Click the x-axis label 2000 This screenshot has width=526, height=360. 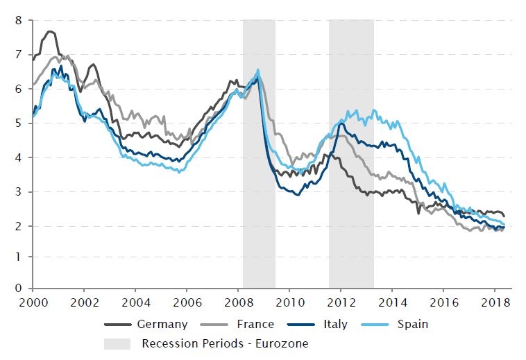(33, 303)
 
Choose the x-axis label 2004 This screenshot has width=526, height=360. (135, 303)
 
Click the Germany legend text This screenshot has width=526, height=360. (162, 324)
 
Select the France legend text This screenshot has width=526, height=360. (255, 324)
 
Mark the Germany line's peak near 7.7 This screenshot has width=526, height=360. (50, 31)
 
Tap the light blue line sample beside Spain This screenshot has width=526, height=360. (380, 324)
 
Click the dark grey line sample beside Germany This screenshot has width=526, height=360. (118, 324)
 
